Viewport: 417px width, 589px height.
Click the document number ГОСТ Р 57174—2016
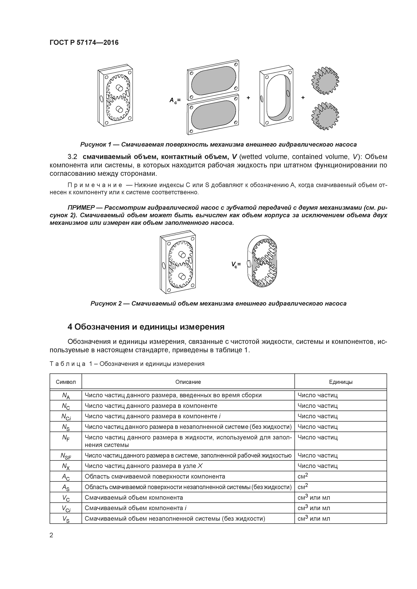pyautogui.click(x=84, y=43)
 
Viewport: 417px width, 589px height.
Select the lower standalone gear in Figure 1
pyautogui.click(x=325, y=116)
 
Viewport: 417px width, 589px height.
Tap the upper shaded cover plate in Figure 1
pyautogui.click(x=213, y=80)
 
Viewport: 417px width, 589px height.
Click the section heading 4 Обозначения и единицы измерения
pyautogui.click(x=146, y=327)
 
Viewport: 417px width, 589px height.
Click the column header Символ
pyautogui.click(x=66, y=382)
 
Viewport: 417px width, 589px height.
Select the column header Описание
pyautogui.click(x=188, y=382)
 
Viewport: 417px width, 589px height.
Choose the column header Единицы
pyautogui.click(x=341, y=382)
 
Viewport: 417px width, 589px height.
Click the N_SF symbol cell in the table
pyautogui.click(x=66, y=456)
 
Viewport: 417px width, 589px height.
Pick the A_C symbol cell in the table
pyautogui.click(x=66, y=477)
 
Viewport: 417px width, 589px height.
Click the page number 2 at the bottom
pyautogui.click(x=51, y=535)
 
